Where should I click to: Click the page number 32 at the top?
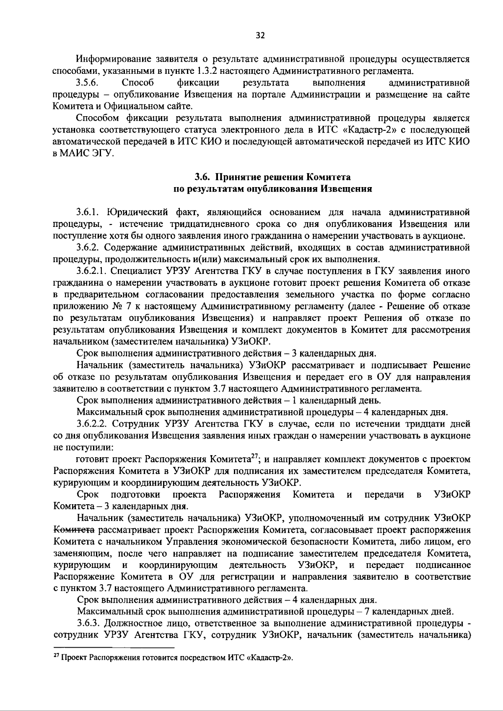click(x=260, y=36)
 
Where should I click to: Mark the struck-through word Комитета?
click(x=74, y=530)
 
